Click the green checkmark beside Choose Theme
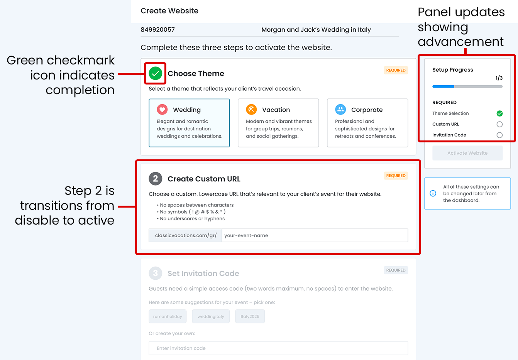pos(155,73)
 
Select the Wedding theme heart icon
pos(162,109)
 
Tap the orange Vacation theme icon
pos(251,109)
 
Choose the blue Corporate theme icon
pos(340,109)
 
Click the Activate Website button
pos(467,153)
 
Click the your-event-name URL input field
pos(315,235)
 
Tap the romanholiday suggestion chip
pos(168,316)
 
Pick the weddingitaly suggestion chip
pos(211,316)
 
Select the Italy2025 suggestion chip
pos(250,316)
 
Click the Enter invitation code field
pos(278,348)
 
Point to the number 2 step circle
pos(155,179)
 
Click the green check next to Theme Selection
pos(499,113)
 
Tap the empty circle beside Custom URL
pos(499,124)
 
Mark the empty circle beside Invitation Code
pos(499,135)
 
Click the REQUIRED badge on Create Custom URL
pos(396,176)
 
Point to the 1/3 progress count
pos(499,78)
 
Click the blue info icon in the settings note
pos(433,193)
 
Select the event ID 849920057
pos(158,30)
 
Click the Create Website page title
pos(169,11)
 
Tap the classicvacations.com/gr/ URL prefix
pos(186,235)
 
